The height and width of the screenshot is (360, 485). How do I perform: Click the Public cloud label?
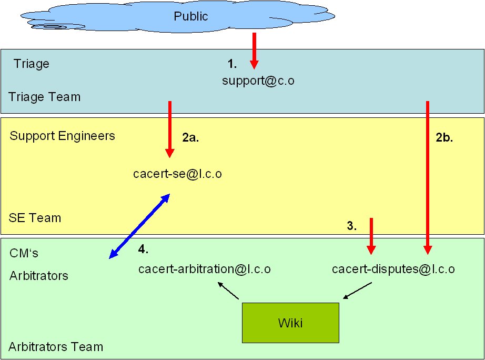(x=191, y=16)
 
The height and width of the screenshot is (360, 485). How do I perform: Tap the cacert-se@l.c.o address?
(x=177, y=173)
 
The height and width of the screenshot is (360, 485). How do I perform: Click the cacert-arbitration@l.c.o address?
(x=205, y=269)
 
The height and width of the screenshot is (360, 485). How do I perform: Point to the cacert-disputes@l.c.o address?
(x=393, y=269)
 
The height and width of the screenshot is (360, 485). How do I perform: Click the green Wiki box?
(x=290, y=323)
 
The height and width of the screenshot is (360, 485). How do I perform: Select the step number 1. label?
(x=232, y=64)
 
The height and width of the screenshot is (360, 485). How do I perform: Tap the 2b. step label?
(x=444, y=138)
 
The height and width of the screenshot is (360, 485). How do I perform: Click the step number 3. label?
(x=352, y=226)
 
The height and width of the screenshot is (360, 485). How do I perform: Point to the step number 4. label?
(x=143, y=248)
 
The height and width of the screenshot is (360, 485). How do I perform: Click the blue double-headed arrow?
(x=139, y=226)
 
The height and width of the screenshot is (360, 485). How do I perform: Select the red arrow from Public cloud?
(x=254, y=51)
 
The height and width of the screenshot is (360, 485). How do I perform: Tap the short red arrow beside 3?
(x=371, y=235)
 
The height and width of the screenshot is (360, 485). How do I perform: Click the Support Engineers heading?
(x=62, y=136)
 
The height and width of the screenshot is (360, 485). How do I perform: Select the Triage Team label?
(x=45, y=97)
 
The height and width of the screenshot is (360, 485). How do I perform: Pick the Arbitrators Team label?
(x=56, y=347)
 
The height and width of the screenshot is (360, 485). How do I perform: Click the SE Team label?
(x=35, y=217)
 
